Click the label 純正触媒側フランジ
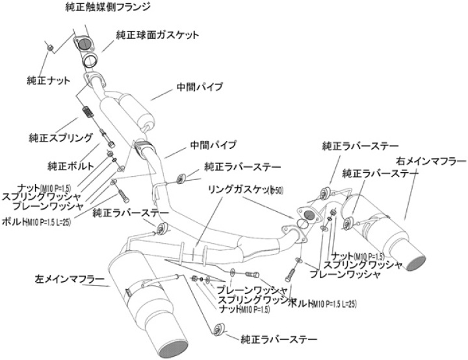[x=109, y=8]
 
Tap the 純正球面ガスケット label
[x=158, y=34]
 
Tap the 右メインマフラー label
[x=430, y=161]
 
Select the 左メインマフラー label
[x=70, y=279]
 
